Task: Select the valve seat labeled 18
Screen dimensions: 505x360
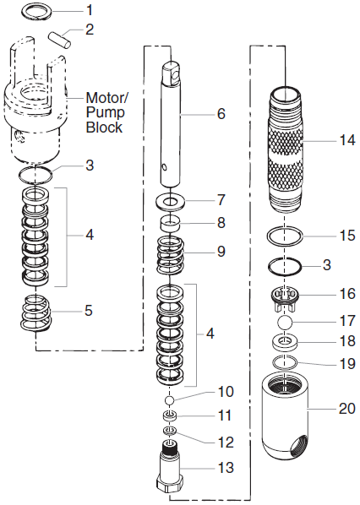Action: point(286,343)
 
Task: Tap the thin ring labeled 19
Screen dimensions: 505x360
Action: point(286,364)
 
